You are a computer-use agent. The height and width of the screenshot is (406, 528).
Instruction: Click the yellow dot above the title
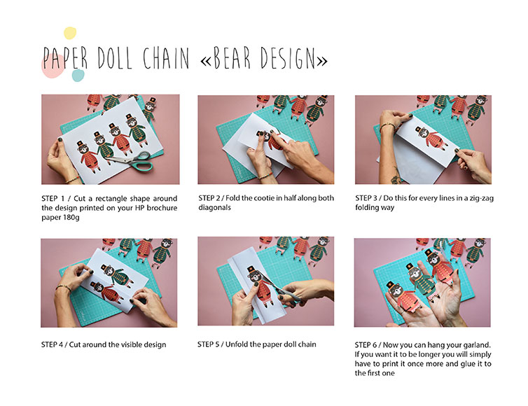[70, 33]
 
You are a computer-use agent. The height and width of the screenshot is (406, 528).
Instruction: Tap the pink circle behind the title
[53, 66]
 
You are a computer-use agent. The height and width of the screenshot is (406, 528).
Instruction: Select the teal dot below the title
[78, 76]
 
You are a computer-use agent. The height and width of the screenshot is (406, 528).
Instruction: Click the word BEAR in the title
[232, 58]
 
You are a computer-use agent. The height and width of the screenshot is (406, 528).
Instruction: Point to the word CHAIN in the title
[166, 58]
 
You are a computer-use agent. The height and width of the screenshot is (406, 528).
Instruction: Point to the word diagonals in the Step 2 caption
[214, 207]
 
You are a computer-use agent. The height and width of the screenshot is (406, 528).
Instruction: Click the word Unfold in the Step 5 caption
[237, 344]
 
